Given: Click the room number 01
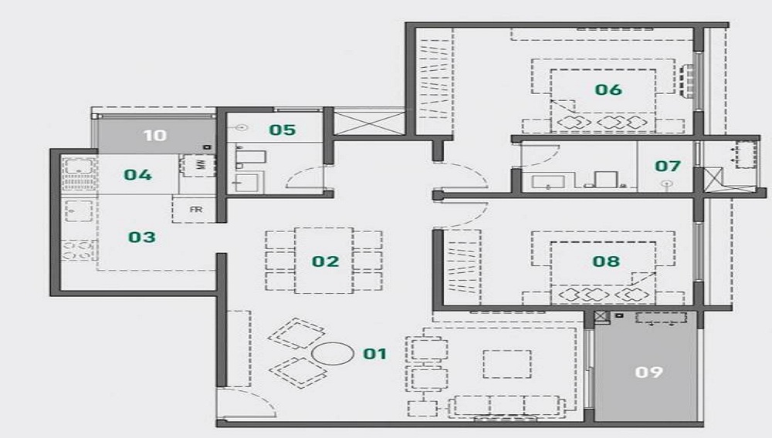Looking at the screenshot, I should [x=374, y=354].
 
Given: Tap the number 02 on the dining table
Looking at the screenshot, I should [x=325, y=261].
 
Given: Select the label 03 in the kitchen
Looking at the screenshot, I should [x=142, y=237].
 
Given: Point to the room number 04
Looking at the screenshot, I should [x=137, y=174].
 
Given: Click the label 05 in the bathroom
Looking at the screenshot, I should [x=282, y=130].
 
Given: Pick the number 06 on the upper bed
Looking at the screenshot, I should [x=608, y=89].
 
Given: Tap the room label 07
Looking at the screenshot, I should [x=667, y=166].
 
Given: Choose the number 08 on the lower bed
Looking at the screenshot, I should [x=606, y=261].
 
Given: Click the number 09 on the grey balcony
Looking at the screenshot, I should [x=649, y=372].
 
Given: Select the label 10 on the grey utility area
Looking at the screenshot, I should [x=155, y=136].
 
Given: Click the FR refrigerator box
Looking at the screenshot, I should [x=196, y=209].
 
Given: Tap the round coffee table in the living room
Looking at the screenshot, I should [x=332, y=355].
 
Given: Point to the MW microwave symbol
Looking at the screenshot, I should [x=198, y=165].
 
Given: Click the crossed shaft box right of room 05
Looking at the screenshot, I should [x=369, y=123].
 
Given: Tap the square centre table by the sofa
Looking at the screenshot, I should [x=506, y=364].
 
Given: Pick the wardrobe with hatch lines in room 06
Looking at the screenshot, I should [x=434, y=82].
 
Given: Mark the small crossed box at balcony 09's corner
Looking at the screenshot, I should [x=601, y=317].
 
